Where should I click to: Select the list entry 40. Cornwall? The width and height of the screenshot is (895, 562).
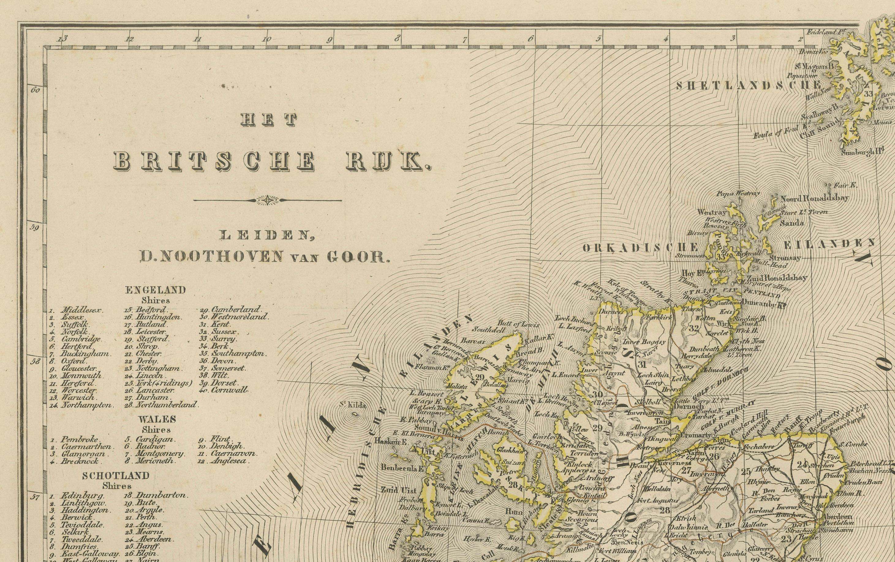click(x=225, y=390)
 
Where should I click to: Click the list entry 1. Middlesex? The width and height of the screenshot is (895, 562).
click(x=77, y=310)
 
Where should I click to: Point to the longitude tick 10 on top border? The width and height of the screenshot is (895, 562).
click(x=266, y=40)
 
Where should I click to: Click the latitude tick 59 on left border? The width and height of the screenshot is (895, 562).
click(x=35, y=227)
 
